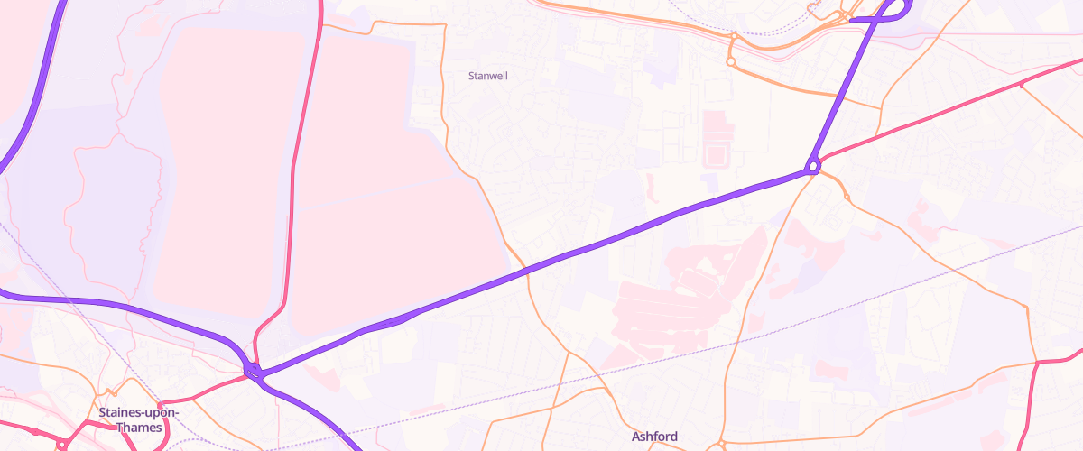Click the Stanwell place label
pyautogui.click(x=488, y=76)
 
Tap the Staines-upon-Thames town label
pyautogui.click(x=139, y=419)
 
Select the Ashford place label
pyautogui.click(x=654, y=437)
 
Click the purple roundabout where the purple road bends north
pyautogui.click(x=813, y=166)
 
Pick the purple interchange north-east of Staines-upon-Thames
pyautogui.click(x=253, y=370)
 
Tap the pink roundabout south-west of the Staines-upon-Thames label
pyautogui.click(x=61, y=444)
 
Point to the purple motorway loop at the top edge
pyautogui.click(x=889, y=13)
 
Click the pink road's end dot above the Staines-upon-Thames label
pyautogui.click(x=161, y=404)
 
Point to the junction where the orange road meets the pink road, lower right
pyautogui.click(x=1035, y=364)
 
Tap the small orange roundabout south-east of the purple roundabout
pyautogui.click(x=847, y=197)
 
